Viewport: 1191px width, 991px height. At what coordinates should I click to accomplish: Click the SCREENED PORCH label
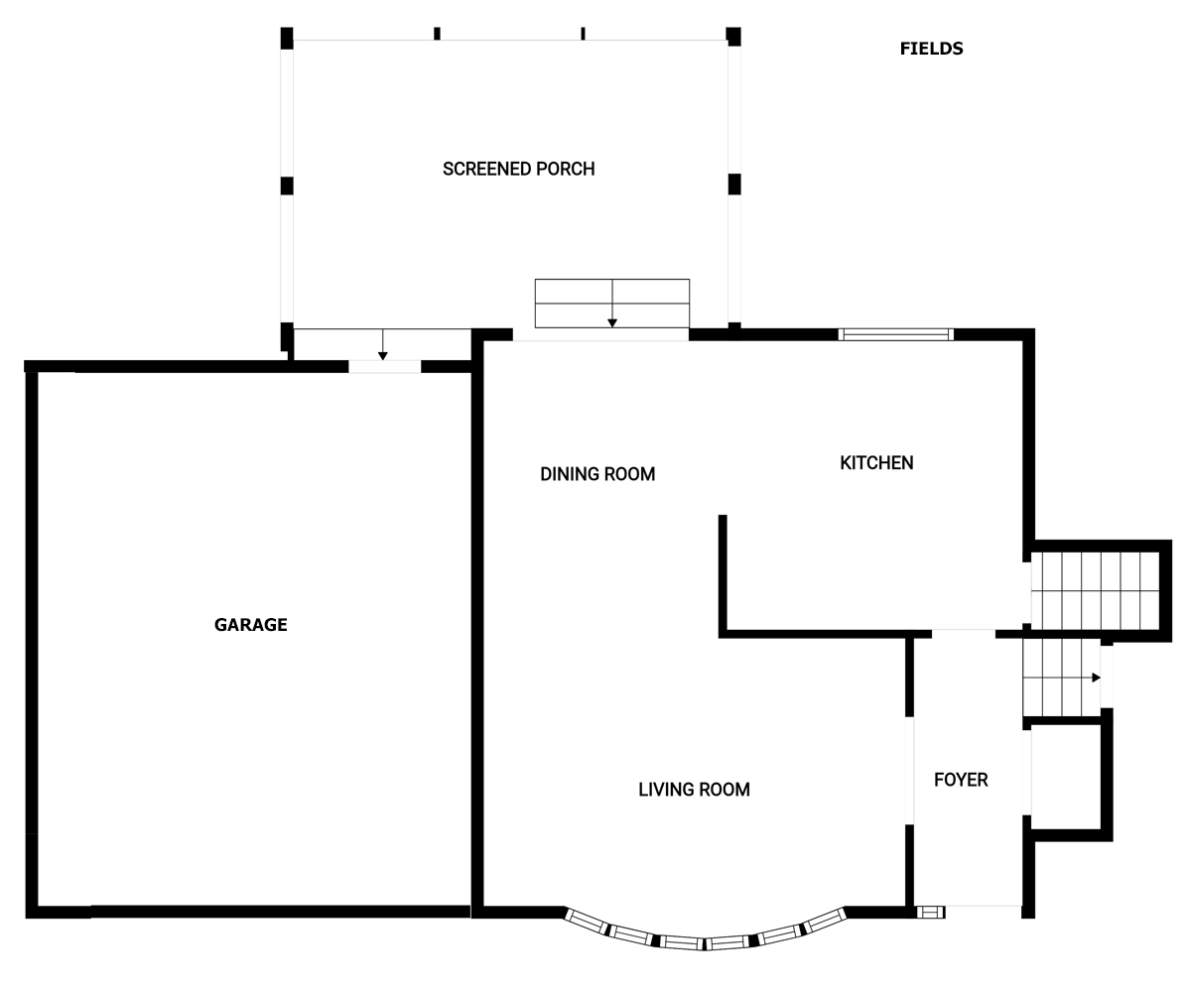coord(518,169)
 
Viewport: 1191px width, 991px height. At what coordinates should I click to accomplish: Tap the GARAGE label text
coord(250,624)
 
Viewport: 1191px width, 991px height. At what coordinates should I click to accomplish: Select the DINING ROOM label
coord(597,474)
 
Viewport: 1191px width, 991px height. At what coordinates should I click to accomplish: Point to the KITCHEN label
coord(876,462)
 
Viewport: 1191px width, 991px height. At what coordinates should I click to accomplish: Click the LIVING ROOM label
coord(694,790)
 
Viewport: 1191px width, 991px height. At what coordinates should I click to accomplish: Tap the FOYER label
coord(961,780)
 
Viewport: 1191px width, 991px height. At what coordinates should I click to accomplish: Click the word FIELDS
coord(932,49)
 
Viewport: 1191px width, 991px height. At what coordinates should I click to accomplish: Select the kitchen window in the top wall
coord(895,334)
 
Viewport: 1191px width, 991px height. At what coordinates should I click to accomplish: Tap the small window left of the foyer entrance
coord(930,913)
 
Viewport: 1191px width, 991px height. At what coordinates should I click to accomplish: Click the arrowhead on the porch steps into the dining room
coord(612,323)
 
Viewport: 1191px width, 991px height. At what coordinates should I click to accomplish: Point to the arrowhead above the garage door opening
coord(383,356)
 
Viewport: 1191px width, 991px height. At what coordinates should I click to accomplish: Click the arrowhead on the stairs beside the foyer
coord(1096,678)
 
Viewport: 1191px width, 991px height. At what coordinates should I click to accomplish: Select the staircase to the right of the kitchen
coord(1095,590)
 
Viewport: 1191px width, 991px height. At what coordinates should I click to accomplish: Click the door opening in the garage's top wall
coord(384,367)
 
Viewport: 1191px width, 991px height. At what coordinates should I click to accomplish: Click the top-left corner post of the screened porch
coord(287,38)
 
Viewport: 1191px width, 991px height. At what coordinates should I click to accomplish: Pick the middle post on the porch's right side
coord(734,185)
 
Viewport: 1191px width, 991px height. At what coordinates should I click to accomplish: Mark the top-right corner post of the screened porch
coord(733,36)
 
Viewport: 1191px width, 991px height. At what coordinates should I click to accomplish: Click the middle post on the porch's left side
coord(287,186)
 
